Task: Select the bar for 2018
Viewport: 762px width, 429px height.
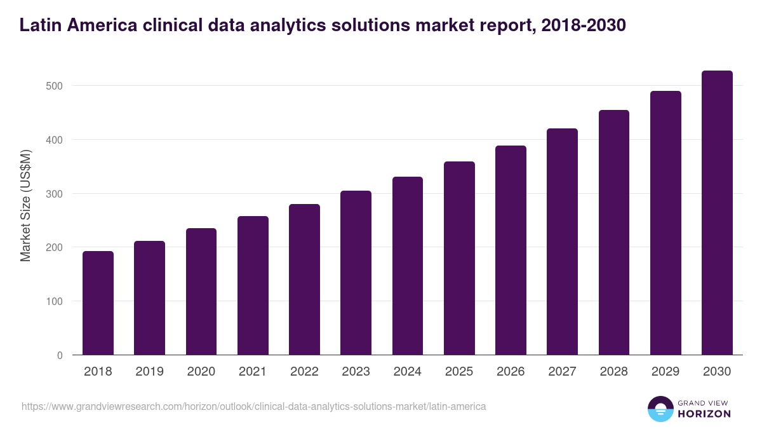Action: (x=98, y=303)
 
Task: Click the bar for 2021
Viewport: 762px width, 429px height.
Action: (x=253, y=286)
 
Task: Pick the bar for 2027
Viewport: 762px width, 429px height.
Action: (x=563, y=242)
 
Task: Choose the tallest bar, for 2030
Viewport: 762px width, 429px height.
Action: (x=717, y=213)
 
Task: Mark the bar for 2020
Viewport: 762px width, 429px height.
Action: (x=201, y=292)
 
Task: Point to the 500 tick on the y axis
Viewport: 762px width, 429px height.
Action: (x=55, y=86)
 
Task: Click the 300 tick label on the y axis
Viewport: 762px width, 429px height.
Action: (x=55, y=194)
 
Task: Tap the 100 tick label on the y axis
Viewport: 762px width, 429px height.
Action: (x=55, y=301)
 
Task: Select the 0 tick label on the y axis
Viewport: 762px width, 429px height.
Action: (x=60, y=355)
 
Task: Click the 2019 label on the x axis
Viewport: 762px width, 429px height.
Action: (x=150, y=372)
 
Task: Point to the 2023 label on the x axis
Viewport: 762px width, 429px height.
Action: (x=356, y=372)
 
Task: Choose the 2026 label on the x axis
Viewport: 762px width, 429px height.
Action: (x=511, y=372)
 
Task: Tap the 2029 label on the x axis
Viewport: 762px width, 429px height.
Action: (x=665, y=372)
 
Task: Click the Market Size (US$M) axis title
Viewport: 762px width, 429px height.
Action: (x=25, y=206)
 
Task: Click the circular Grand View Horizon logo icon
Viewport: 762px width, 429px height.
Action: (x=660, y=409)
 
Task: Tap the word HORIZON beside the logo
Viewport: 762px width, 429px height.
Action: (x=705, y=414)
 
